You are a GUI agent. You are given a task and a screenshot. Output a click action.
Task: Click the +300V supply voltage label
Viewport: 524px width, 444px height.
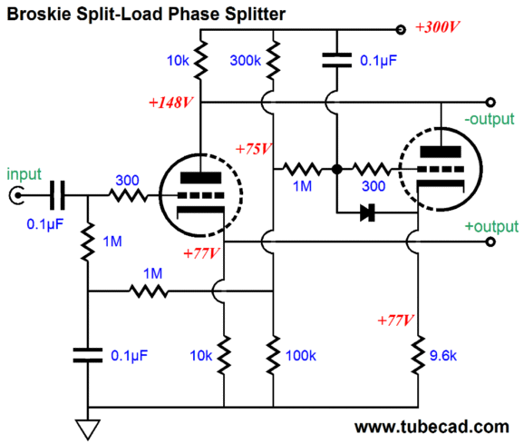pos(438,26)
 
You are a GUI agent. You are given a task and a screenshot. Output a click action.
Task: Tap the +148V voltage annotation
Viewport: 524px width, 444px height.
pos(170,103)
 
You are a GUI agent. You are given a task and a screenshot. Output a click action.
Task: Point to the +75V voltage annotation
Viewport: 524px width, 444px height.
pos(254,149)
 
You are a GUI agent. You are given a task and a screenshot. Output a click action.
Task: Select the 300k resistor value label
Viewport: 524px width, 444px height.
pos(246,61)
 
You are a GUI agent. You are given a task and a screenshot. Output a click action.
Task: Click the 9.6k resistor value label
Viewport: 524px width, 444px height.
pos(443,355)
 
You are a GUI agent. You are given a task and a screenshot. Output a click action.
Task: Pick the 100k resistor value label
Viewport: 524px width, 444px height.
pos(301,355)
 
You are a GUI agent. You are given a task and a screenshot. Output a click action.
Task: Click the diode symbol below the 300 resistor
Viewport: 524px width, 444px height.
pos(367,212)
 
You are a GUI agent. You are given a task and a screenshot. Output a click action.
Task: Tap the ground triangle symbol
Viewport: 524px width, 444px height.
pos(88,429)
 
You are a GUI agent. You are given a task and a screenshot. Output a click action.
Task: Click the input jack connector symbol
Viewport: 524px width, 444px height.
pos(16,195)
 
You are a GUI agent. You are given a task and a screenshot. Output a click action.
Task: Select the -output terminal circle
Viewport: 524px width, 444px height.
pos(490,102)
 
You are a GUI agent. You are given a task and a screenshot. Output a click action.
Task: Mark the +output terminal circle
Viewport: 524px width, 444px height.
pos(490,242)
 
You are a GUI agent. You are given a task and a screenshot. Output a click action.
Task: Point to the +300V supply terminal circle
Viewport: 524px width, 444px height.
pos(401,30)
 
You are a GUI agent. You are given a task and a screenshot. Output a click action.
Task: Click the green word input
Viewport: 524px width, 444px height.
pos(24,174)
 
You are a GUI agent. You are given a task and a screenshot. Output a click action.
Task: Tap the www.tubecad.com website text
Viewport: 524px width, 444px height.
pos(432,428)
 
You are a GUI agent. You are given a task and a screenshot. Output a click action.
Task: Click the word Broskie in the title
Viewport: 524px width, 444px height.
pos(39,14)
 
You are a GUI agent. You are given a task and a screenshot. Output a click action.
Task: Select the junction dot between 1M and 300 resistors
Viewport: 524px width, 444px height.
pos(337,169)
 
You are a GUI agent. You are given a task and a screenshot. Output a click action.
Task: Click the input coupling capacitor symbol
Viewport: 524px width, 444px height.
pos(57,195)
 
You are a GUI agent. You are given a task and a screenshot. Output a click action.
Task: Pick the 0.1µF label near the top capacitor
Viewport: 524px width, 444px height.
pos(378,61)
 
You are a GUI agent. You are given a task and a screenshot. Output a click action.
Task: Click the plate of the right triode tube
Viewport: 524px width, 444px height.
pos(441,152)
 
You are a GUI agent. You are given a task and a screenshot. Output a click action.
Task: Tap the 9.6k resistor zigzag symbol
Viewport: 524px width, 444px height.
pos(418,355)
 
